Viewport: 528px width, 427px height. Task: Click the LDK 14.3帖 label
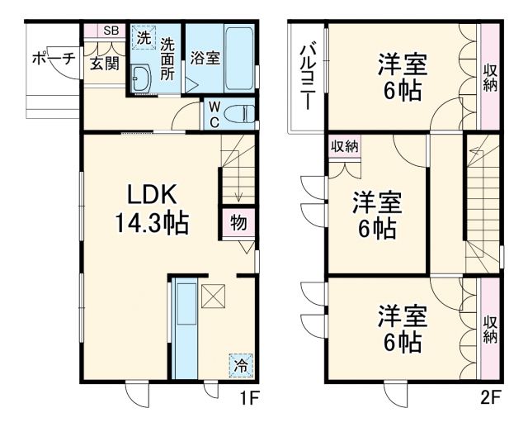pos(153,208)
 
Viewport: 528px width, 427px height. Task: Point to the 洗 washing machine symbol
pos(144,38)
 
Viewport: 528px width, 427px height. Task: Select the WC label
pos(214,115)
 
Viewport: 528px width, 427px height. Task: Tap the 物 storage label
pos(238,223)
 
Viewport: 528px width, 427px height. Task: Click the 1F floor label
pos(250,399)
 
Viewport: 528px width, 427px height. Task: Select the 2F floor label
pos(492,399)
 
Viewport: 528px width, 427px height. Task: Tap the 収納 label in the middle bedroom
pos(344,147)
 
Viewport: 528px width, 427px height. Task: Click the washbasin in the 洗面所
pos(141,80)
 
